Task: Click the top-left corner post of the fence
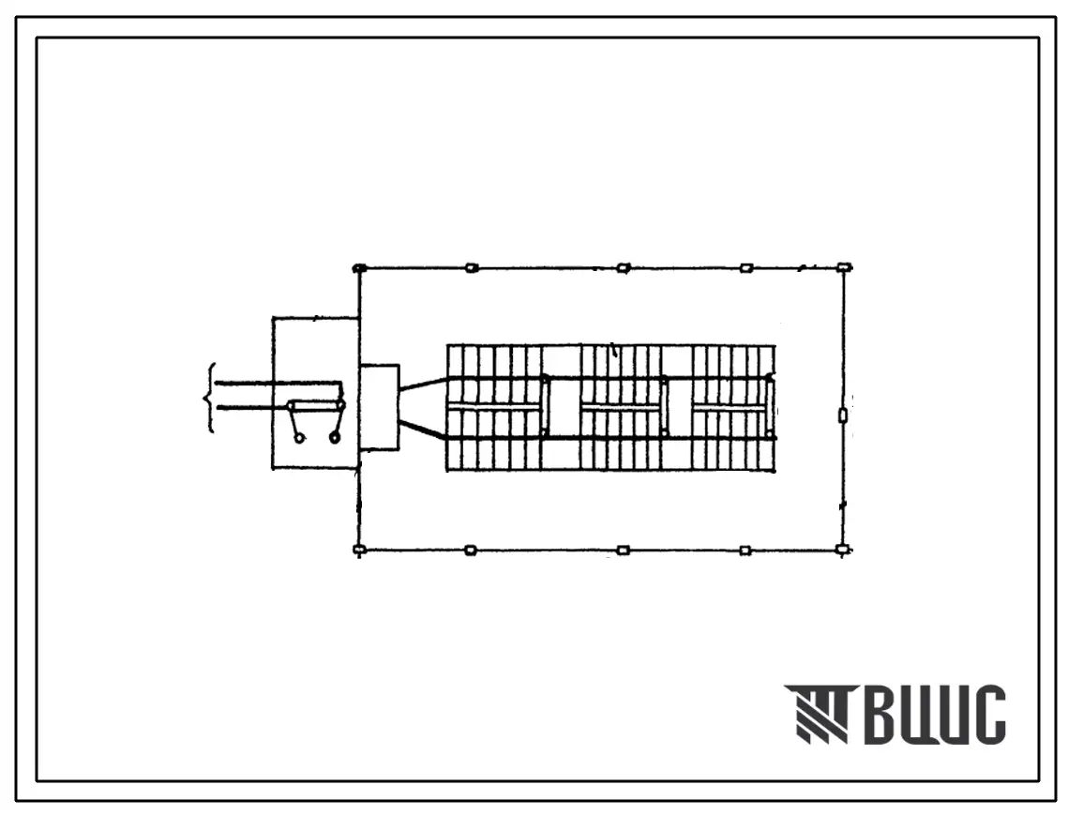pyautogui.click(x=360, y=268)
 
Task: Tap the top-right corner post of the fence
pyautogui.click(x=844, y=268)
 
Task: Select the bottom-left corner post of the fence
pyautogui.click(x=360, y=550)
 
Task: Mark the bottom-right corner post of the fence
pyautogui.click(x=843, y=550)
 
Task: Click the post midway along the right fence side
pyautogui.click(x=843, y=415)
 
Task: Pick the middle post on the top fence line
pyautogui.click(x=623, y=268)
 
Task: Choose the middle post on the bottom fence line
pyautogui.click(x=623, y=550)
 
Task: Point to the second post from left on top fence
pyautogui.click(x=472, y=268)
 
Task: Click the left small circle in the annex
pyautogui.click(x=298, y=440)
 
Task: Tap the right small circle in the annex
pyautogui.click(x=335, y=439)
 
